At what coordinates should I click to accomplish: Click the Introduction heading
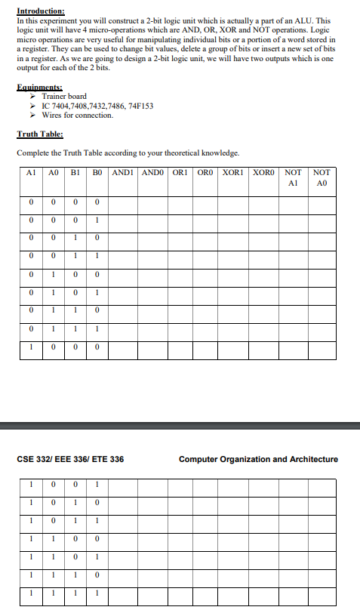pos(41,12)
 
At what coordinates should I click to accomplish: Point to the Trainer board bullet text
pos(64,97)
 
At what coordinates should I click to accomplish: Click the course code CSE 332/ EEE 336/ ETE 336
pos(70,459)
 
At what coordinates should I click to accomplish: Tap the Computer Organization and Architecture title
pos(258,459)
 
